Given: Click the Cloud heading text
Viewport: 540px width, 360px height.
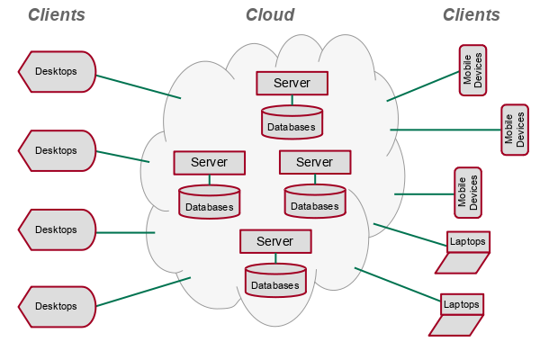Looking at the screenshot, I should click(270, 15).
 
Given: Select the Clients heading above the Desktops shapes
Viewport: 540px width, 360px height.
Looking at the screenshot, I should click(57, 15).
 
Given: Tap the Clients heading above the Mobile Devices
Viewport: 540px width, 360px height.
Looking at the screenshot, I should click(471, 15).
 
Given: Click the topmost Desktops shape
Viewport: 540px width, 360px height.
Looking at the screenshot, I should click(57, 71).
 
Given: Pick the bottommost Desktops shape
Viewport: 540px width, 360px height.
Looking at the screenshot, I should click(57, 306).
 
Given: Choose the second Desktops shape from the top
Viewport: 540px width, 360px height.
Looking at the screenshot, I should click(57, 150).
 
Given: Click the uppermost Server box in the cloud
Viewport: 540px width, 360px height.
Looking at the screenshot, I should click(292, 83).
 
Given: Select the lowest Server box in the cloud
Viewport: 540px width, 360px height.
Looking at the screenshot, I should click(275, 241).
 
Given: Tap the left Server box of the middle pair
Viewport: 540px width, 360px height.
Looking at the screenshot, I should click(210, 163).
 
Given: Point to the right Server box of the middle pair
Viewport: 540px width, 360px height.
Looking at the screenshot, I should click(314, 162).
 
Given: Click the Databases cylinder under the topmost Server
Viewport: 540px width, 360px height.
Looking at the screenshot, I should click(292, 122).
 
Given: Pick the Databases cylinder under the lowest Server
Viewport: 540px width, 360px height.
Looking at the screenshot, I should click(275, 281).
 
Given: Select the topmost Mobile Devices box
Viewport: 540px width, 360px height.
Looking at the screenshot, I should click(472, 70).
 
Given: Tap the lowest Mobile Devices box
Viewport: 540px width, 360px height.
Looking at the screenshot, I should click(468, 192).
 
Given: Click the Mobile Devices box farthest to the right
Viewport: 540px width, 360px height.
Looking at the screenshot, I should click(514, 130).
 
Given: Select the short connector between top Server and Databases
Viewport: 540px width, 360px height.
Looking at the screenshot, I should click(292, 100).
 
